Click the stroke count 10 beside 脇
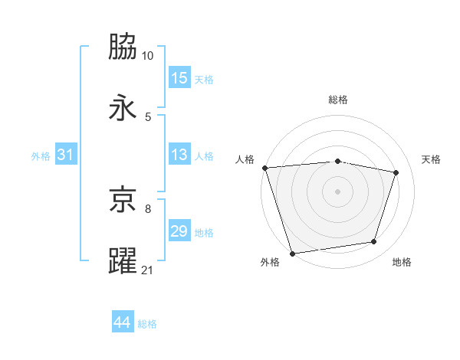pyautogui.click(x=147, y=56)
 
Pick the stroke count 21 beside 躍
pyautogui.click(x=147, y=270)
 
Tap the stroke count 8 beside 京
pyautogui.click(x=147, y=208)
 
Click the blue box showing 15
pyautogui.click(x=179, y=78)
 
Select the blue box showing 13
pyautogui.click(x=179, y=155)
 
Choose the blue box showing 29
pyautogui.click(x=179, y=231)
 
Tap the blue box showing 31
pyautogui.click(x=66, y=155)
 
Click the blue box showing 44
pyautogui.click(x=123, y=322)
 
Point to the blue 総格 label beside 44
pyautogui.click(x=147, y=324)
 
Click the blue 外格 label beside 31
pyautogui.click(x=41, y=156)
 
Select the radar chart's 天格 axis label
pyautogui.click(x=431, y=159)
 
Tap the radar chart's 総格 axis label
pyautogui.click(x=338, y=100)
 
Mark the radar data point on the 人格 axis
pyautogui.click(x=264, y=168)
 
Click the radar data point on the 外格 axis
pyautogui.click(x=293, y=253)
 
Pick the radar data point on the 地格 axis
pyautogui.click(x=374, y=242)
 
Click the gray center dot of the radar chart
pyautogui.click(x=338, y=191)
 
